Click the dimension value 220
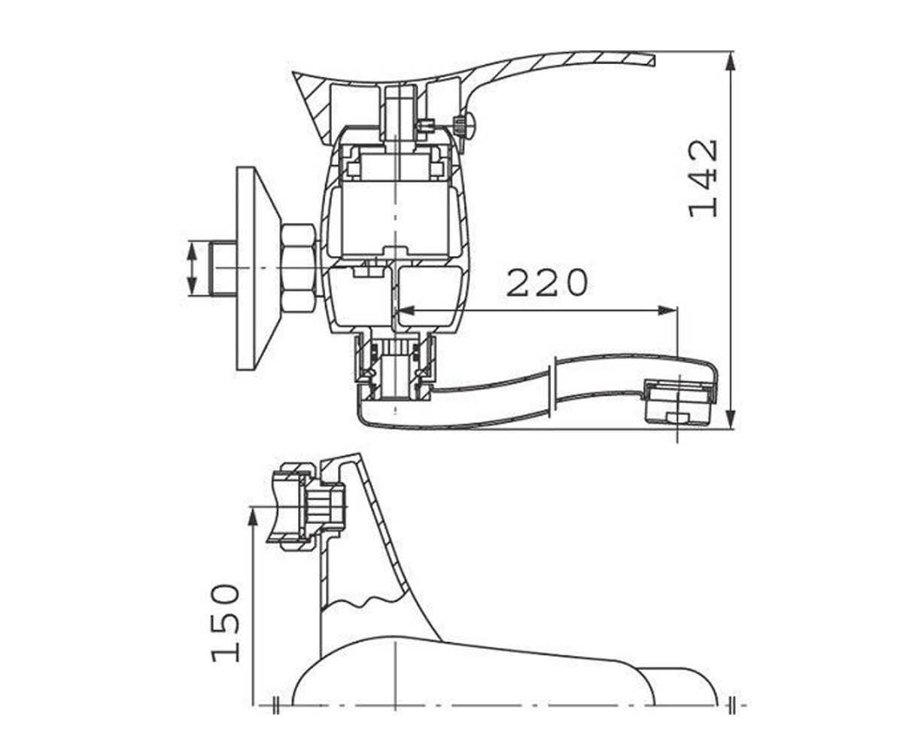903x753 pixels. click(547, 283)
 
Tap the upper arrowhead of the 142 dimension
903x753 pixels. click(731, 62)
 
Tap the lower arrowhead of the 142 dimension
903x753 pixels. click(731, 419)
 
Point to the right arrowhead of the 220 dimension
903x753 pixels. click(666, 310)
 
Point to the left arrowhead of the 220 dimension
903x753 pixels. click(406, 310)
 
